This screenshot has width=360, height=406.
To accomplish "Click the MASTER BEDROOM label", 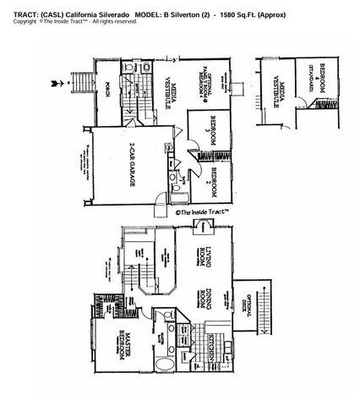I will click(x=123, y=357).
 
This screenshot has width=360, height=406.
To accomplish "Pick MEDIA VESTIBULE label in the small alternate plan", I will click(x=279, y=93).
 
